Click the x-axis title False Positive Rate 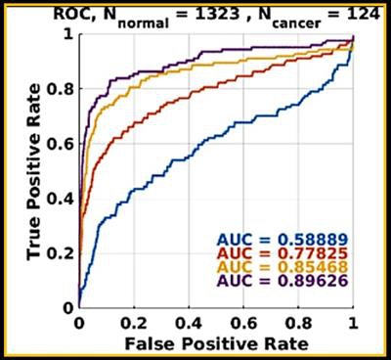pyautogui.click(x=217, y=343)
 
